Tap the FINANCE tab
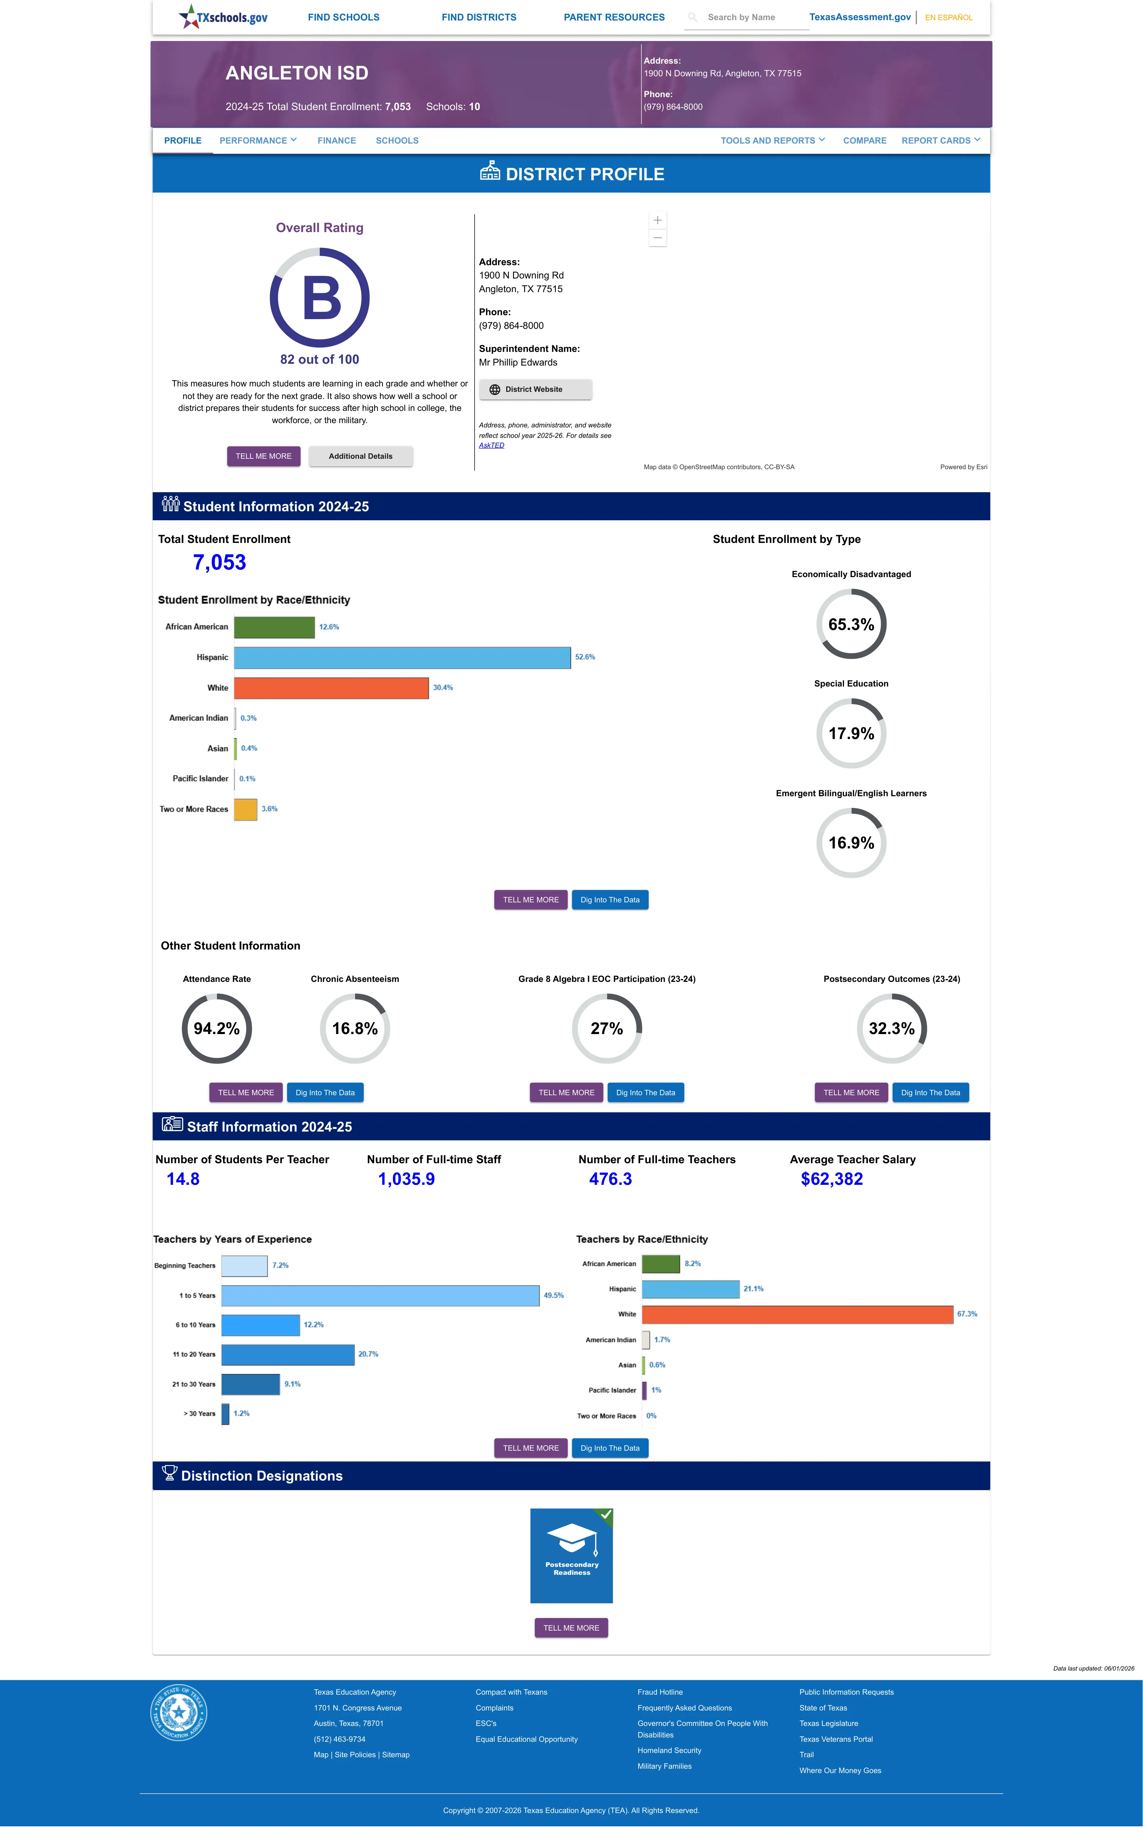point(336,141)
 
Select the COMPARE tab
point(864,141)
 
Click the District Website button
point(535,389)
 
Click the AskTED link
point(491,445)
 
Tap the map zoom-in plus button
point(658,220)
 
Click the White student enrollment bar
point(331,688)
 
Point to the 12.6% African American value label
point(329,627)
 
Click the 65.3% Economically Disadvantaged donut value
point(851,624)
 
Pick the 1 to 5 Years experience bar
point(380,1296)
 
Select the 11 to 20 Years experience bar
point(288,1355)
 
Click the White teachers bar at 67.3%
point(798,1315)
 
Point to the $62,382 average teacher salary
point(831,1179)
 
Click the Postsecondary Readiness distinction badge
point(571,1556)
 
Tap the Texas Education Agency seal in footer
point(178,1712)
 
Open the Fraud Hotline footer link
point(660,1692)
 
